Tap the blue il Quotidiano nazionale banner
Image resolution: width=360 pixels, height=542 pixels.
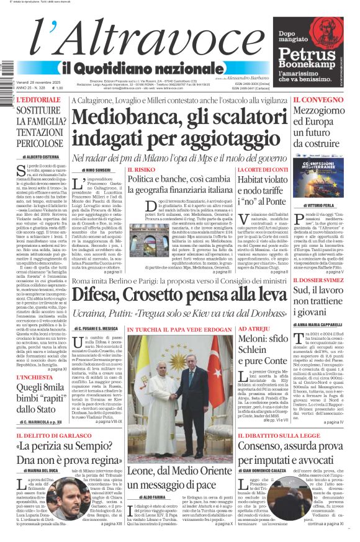(x=137, y=68)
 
